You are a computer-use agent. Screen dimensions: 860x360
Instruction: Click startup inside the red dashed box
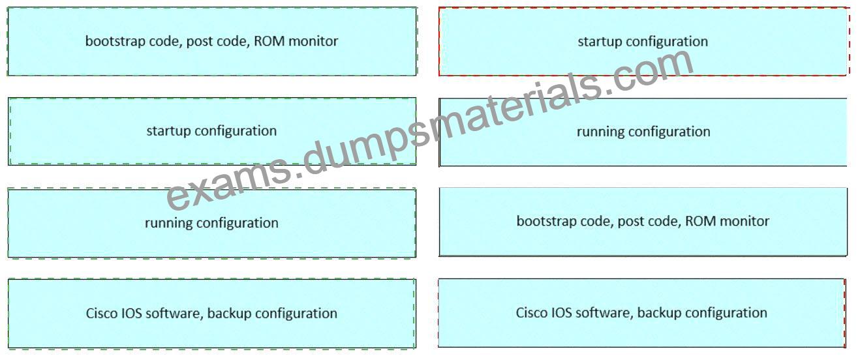click(x=600, y=42)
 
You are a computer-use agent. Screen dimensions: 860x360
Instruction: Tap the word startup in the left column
click(x=168, y=131)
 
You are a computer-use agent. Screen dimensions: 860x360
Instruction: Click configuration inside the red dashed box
click(x=667, y=42)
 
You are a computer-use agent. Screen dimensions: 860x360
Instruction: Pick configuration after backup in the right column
click(x=726, y=313)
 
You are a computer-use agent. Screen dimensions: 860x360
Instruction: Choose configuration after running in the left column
click(x=238, y=223)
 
